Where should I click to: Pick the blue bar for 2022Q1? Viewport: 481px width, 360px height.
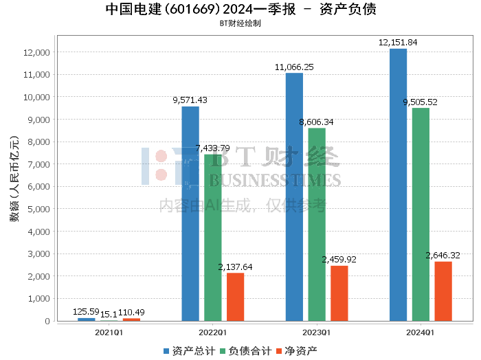point(190,214)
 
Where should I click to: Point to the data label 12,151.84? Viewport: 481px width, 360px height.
point(398,43)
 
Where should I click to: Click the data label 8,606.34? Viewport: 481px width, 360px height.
point(317,122)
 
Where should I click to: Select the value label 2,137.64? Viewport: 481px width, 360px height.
point(235,267)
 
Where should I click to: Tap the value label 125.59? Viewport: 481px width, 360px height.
point(87,312)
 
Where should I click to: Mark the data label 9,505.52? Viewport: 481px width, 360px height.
point(420,102)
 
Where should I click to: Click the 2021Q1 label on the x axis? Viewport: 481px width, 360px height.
point(109,333)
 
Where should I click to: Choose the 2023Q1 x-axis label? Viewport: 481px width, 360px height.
point(317,333)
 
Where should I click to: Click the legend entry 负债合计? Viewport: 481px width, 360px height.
point(245,351)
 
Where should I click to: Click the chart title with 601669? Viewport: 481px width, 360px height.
point(240,10)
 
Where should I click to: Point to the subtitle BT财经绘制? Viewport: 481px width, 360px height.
point(240,23)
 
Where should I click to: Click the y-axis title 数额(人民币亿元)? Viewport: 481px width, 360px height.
point(14,179)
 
